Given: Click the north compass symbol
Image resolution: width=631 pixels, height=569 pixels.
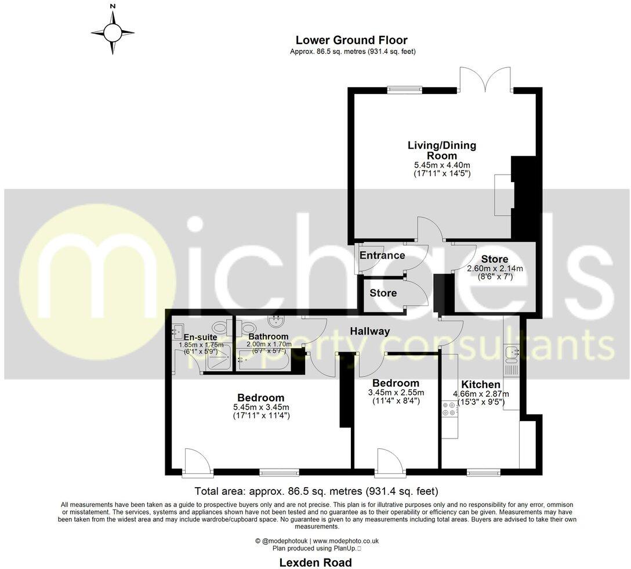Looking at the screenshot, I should (x=113, y=32).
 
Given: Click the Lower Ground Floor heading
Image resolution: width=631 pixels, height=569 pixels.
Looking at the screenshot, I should (x=351, y=40).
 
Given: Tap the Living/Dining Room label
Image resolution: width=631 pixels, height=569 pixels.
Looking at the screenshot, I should (x=442, y=150).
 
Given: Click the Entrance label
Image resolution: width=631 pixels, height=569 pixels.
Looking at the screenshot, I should (x=382, y=256).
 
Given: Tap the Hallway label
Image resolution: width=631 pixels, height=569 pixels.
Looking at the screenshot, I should (x=369, y=331).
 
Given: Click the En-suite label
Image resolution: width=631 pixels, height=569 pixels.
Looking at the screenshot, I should (x=200, y=336).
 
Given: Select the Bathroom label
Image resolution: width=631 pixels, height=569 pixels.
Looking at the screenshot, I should (x=268, y=336).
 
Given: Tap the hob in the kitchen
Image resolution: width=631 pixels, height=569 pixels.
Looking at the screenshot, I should (x=449, y=409).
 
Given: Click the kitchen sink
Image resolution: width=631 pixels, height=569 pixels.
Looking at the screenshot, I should (x=511, y=352).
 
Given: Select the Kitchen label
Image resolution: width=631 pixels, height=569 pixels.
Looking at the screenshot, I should (x=480, y=385).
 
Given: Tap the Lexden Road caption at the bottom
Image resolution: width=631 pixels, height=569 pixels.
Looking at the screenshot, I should (x=315, y=562).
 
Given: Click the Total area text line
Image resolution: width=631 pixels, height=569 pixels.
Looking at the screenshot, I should (x=316, y=491).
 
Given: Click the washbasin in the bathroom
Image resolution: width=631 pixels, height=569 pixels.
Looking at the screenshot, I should (x=274, y=321).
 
